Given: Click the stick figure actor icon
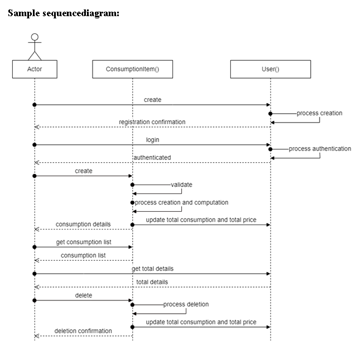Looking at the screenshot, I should [x=35, y=47].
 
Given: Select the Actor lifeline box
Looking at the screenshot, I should [x=35, y=70].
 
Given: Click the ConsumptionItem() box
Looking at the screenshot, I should [x=132, y=70].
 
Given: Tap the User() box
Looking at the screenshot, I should [x=271, y=70].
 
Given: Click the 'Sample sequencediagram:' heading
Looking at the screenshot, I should [x=64, y=13].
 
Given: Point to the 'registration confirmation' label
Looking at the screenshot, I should [x=152, y=122].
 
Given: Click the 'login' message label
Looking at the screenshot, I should [x=152, y=140].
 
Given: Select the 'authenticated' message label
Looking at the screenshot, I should [x=152, y=158].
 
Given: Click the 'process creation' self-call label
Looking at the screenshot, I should [x=319, y=113].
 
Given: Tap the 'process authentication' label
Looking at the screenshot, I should [x=320, y=149].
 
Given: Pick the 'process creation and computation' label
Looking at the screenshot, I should [x=181, y=202].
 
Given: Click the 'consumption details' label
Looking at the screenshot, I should [x=83, y=224].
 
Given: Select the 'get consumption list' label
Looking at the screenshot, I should [x=83, y=242].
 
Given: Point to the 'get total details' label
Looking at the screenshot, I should [x=152, y=269].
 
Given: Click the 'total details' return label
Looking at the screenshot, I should [x=152, y=282].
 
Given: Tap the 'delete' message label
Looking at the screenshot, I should [x=84, y=295].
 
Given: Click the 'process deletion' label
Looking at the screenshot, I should [x=186, y=304].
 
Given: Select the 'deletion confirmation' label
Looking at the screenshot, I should [x=83, y=331].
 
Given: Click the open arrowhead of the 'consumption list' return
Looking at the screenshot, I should [x=37, y=260].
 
